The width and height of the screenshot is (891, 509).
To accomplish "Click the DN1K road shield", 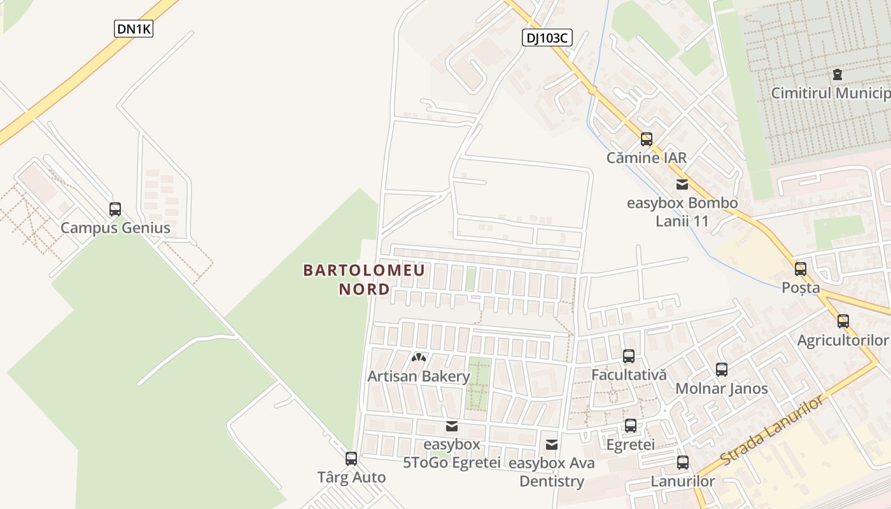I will [x=134, y=29].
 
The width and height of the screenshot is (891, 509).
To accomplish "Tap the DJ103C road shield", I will [x=547, y=38].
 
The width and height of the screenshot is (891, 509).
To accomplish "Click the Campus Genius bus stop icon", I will [x=115, y=209].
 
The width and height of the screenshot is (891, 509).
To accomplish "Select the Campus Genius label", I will [x=115, y=228].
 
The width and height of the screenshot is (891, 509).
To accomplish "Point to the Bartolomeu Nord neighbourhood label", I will [x=364, y=279].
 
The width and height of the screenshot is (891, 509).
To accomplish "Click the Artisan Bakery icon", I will [x=418, y=358].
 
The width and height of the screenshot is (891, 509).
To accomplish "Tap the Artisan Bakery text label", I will [x=418, y=376].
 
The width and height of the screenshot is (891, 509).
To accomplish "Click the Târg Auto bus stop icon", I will [x=351, y=458].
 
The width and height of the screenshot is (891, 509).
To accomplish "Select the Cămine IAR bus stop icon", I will [x=647, y=139].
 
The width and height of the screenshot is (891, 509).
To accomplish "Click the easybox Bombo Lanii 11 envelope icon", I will [x=682, y=185].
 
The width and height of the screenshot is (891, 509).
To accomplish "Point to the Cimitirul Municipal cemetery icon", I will [x=838, y=74].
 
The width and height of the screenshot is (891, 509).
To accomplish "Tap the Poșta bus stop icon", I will [x=801, y=268].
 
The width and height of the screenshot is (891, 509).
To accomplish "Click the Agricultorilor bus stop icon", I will [x=843, y=321].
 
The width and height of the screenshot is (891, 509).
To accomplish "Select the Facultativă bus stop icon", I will [x=629, y=356].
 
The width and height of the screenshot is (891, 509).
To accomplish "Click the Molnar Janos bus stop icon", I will [x=722, y=369].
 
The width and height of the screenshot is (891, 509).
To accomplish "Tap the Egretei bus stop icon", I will [x=631, y=425].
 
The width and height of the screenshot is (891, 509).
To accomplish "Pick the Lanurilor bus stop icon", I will [x=683, y=463].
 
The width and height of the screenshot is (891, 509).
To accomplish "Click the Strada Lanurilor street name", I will [x=771, y=429].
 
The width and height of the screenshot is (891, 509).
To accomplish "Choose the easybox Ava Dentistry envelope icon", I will [x=552, y=444].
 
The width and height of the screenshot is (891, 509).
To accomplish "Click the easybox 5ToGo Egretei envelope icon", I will [x=452, y=426].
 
